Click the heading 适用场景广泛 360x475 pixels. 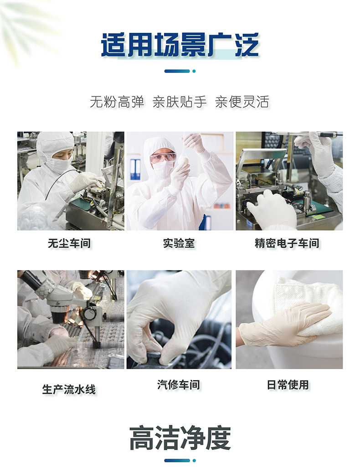point(180,45)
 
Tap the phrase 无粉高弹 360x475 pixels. point(117,102)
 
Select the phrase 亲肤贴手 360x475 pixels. point(180,102)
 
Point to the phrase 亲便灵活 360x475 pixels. point(242,102)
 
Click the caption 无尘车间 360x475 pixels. point(69,243)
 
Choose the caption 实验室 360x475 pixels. point(179,243)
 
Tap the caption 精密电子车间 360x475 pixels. point(287,243)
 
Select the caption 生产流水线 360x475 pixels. point(69,389)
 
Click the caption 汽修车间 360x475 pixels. point(179,385)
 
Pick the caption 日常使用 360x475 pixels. point(288,385)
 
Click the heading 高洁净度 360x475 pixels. point(180,438)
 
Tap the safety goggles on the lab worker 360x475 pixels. point(163,157)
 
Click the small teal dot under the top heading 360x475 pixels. point(194,71)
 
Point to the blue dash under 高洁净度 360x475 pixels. point(177,460)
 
